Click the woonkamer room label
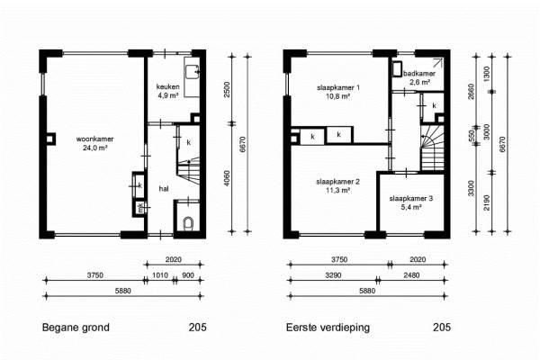[x=94, y=139]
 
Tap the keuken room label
[x=167, y=86]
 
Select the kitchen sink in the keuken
[x=192, y=72]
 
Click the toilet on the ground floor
[x=188, y=223]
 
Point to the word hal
[x=164, y=189]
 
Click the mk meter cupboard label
[x=140, y=207]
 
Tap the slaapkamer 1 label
[x=338, y=87]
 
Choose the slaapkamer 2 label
[x=337, y=182]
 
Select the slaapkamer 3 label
[x=411, y=198]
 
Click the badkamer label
[x=419, y=74]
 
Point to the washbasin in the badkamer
[x=397, y=69]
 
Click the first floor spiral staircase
[x=431, y=147]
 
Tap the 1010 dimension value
[x=160, y=275]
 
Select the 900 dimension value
[x=188, y=275]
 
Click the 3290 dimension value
[x=333, y=275]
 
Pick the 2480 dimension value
[x=411, y=275]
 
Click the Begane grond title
[x=76, y=328]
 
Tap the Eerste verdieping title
[x=328, y=328]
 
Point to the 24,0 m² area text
[x=94, y=148]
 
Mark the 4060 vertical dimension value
[x=227, y=178]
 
